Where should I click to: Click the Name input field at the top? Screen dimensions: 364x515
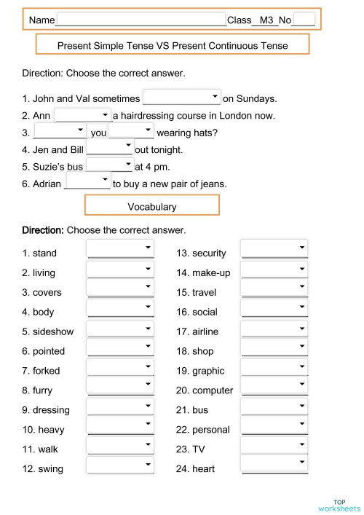[141, 20]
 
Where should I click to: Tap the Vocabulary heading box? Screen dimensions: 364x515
[152, 206]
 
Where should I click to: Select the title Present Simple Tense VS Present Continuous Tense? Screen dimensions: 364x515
[173, 45]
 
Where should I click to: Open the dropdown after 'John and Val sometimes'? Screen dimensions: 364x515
[182, 98]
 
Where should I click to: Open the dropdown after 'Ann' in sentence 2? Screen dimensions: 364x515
[82, 115]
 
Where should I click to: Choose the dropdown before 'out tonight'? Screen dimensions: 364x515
[110, 149]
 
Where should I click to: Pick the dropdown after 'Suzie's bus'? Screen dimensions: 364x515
[110, 166]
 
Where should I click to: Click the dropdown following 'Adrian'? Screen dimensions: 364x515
[87, 183]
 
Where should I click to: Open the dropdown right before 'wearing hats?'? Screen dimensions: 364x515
[131, 132]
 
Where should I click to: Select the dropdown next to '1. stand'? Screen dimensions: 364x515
[120, 252]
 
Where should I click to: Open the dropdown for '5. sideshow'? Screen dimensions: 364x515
[120, 331]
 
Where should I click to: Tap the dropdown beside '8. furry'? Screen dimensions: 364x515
[120, 390]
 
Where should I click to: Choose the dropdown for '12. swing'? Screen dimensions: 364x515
[120, 468]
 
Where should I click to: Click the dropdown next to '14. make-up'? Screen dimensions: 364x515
[274, 272]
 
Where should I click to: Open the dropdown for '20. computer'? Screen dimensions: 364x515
[274, 390]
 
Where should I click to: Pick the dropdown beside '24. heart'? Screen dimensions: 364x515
[274, 468]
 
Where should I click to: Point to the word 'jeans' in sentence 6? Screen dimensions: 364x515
[212, 184]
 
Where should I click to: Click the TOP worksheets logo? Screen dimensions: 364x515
[339, 506]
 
